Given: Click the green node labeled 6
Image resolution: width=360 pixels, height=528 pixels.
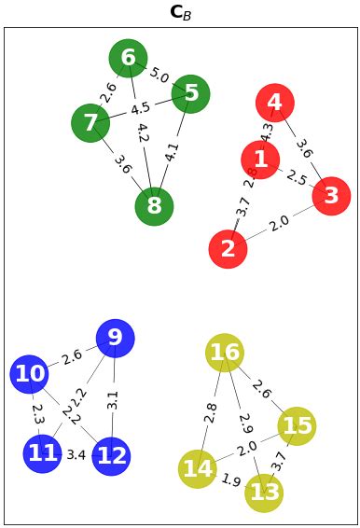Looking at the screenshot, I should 128,59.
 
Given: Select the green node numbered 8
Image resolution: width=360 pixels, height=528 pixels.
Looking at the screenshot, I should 154,206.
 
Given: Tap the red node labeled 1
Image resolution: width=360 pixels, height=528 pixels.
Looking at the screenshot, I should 260,160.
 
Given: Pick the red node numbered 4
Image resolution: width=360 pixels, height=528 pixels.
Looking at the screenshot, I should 274,102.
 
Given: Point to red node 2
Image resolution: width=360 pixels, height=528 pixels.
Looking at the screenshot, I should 228,249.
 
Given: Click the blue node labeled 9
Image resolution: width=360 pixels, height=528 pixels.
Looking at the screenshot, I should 115,338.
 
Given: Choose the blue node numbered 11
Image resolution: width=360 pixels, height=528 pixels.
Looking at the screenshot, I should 42,454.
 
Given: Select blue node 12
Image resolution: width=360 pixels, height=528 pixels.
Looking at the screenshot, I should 112,456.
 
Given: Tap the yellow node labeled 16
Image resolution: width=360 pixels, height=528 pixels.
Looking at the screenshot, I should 225,352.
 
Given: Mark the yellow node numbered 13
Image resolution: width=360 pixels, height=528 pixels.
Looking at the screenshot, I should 264,492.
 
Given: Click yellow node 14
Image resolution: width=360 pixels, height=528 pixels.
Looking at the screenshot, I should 197,468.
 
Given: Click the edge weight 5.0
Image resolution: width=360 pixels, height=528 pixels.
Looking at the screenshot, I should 159,76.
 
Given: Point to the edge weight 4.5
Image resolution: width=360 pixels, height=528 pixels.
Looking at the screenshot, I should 140,107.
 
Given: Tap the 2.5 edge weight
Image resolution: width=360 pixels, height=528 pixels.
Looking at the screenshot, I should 296,177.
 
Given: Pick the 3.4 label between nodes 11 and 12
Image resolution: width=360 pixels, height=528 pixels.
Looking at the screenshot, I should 76,455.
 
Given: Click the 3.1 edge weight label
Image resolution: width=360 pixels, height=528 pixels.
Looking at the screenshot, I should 113,400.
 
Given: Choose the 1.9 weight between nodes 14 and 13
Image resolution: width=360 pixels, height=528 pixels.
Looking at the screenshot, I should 230,480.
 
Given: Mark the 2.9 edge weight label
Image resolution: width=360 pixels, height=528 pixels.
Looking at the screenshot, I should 245,423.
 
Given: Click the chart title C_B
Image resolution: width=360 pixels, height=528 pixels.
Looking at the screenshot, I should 180,12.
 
